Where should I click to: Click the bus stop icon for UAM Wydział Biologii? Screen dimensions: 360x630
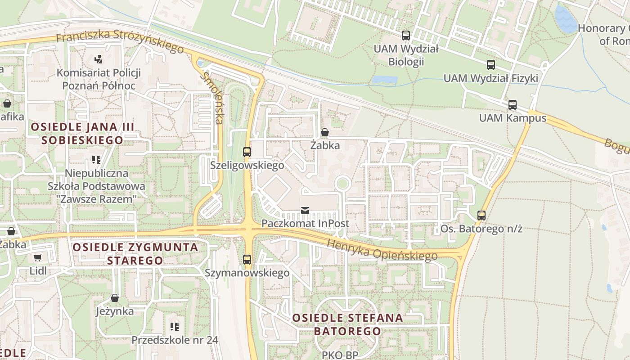tap(406, 36)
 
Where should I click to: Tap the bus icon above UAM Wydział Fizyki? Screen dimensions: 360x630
tap(490, 65)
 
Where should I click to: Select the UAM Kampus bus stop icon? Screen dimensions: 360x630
tap(512, 105)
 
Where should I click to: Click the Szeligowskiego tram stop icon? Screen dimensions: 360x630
tap(247, 152)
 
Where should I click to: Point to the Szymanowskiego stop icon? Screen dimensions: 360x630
tap(247, 260)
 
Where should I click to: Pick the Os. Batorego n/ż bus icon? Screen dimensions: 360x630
tap(481, 216)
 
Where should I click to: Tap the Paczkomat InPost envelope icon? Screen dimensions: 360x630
tap(305, 210)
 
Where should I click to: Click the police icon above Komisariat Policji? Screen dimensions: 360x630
tap(99, 59)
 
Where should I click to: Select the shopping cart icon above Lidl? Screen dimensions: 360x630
tap(38, 258)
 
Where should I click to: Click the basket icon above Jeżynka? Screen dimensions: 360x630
tap(115, 298)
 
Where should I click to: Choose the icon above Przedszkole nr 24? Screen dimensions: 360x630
tap(175, 326)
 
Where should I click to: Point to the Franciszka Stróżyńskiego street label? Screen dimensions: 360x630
tap(120, 41)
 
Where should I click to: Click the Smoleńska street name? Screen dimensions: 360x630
tap(212, 97)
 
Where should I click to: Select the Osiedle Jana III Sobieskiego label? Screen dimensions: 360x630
tap(82, 133)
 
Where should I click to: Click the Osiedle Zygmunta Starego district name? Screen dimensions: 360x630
tap(135, 253)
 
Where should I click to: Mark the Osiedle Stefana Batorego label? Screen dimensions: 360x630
tap(347, 324)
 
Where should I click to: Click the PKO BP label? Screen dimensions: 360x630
tap(340, 355)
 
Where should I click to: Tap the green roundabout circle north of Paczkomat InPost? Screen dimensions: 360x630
tap(342, 183)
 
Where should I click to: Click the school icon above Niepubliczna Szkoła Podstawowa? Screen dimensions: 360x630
tap(96, 159)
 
